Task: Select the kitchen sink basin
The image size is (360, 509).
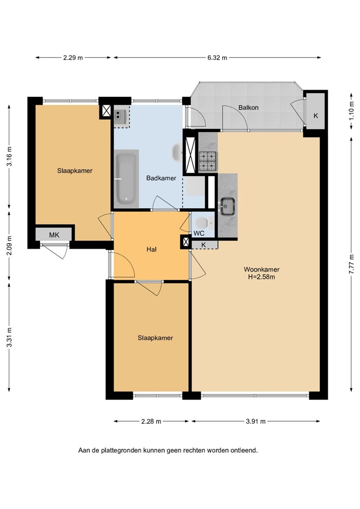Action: click(227, 206)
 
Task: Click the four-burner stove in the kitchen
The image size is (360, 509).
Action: click(207, 161)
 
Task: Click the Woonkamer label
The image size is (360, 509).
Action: click(262, 269)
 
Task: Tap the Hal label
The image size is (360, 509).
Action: click(152, 250)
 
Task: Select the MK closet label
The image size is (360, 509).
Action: click(54, 235)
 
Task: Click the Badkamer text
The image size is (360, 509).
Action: click(161, 178)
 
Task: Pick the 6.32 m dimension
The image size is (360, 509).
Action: click(217, 58)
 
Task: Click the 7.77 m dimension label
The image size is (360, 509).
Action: click(352, 265)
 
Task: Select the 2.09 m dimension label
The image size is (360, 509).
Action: click(9, 245)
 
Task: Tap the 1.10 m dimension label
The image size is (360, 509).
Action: click(352, 111)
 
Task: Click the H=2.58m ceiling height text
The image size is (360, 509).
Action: click(262, 277)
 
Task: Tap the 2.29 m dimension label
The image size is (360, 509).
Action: click(73, 58)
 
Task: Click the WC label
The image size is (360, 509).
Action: click(199, 233)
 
